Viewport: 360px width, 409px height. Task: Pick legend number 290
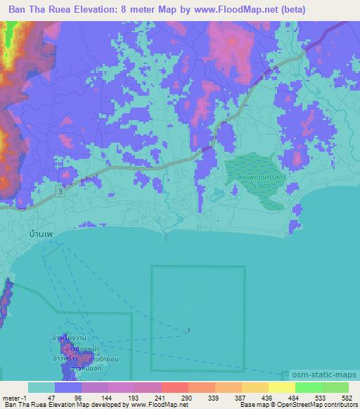188,397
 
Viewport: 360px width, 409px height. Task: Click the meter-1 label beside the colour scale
14,397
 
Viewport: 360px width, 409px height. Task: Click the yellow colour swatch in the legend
282,387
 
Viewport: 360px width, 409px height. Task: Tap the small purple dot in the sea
188,330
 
